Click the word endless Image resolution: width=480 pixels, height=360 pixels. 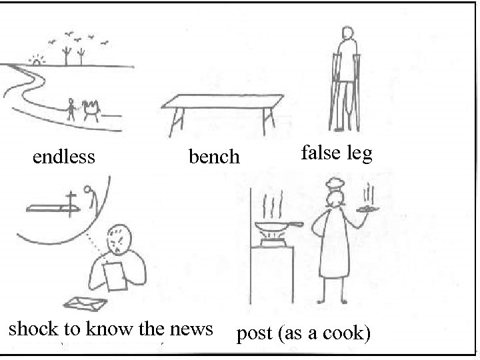point(64,157)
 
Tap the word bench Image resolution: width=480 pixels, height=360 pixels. point(213,157)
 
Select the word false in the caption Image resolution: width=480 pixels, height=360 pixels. point(321,153)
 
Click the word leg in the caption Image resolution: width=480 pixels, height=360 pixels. point(358,155)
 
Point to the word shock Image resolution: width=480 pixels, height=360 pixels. point(33,329)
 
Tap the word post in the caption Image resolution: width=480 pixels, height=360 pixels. point(254,333)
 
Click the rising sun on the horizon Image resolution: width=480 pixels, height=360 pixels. point(35,61)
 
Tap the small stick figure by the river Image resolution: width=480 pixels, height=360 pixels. point(71,108)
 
